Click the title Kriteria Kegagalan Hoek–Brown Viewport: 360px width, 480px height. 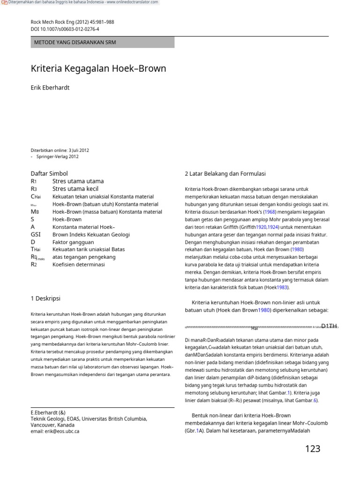[98, 69]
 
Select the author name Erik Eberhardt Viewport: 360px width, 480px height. [51, 88]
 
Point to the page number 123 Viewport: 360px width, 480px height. [312, 449]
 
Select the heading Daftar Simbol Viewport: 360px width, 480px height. [49, 173]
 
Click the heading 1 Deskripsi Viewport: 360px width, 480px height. [45, 298]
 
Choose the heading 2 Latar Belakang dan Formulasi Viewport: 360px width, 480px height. [225, 173]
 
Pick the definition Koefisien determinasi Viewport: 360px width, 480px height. [79, 264]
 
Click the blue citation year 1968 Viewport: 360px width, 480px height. [270, 212]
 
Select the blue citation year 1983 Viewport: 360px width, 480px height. [281, 287]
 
